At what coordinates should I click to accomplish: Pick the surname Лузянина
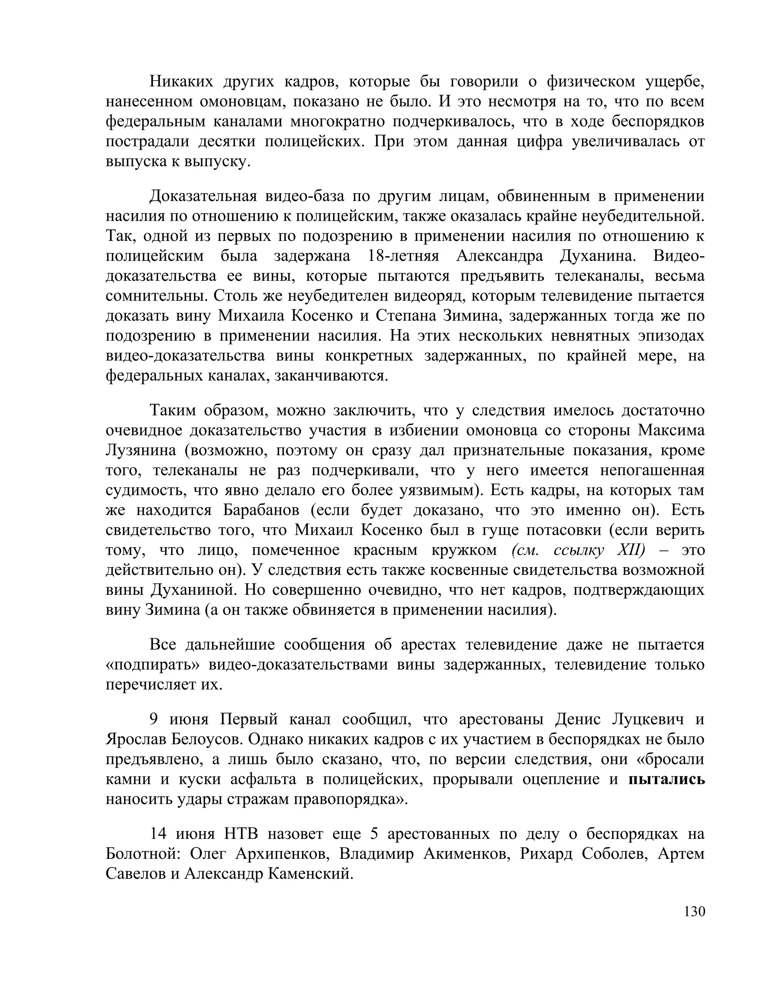click(141, 451)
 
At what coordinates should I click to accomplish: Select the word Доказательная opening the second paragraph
click(203, 196)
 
